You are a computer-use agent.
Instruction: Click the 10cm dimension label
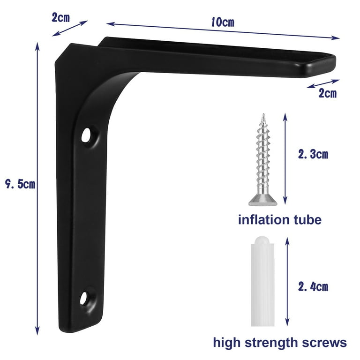[222, 22]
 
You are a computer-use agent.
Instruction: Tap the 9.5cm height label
[18, 184]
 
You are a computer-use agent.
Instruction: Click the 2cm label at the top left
[60, 18]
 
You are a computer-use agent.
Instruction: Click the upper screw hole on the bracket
[86, 136]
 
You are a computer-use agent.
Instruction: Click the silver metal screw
[261, 159]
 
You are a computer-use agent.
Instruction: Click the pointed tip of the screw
[263, 115]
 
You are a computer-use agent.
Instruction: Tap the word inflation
[266, 219]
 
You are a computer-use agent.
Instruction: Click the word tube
[308, 219]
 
